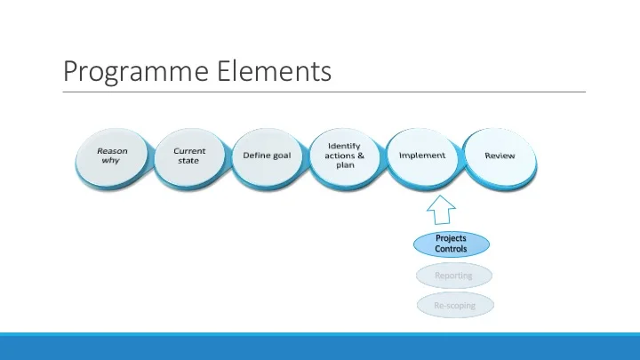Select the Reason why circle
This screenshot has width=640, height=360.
pos(112,157)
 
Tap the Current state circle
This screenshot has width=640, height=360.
pos(189,157)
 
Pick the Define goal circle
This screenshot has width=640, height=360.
pos(268,157)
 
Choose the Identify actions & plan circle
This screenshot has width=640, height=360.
pos(346,157)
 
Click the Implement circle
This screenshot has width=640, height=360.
pos(422,157)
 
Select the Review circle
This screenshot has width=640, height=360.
pos(500,157)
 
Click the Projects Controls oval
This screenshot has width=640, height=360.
pos(452,244)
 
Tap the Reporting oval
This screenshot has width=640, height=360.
pos(453,276)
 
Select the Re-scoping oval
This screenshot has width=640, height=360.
pos(453,305)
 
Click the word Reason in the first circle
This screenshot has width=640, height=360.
pos(112,151)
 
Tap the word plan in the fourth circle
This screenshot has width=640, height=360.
pos(346,165)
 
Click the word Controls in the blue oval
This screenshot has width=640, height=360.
pos(452,249)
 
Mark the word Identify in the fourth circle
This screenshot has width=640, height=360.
pos(345,145)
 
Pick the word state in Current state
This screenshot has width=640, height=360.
pos(188,161)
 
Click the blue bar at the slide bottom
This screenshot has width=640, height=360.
pos(320,347)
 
